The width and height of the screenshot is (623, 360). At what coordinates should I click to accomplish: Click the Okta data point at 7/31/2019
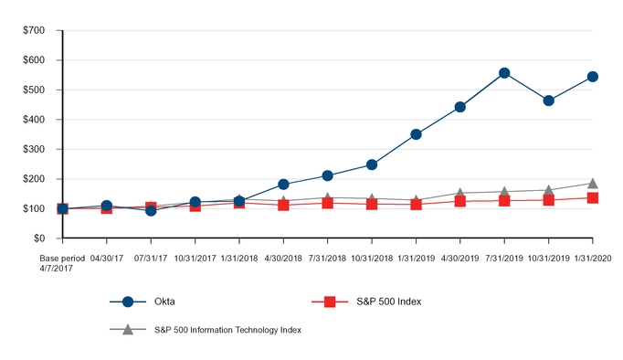(504, 73)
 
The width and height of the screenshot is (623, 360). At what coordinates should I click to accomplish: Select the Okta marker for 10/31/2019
(548, 101)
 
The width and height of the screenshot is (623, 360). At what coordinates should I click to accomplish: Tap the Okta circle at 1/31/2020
(593, 77)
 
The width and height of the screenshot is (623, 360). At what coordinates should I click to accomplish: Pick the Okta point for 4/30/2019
(460, 107)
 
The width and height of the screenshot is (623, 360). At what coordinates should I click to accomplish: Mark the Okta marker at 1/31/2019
(416, 134)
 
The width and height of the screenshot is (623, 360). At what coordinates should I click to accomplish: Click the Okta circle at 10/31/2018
(372, 164)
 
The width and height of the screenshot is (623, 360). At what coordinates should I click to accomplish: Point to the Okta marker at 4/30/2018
(283, 185)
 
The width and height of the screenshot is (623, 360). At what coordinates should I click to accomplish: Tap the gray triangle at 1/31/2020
(593, 184)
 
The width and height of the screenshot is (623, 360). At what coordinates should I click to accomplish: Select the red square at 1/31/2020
(593, 197)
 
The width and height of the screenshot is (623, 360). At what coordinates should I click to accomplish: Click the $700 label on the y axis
(33, 31)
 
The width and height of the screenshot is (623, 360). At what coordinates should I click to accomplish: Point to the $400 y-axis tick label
(33, 120)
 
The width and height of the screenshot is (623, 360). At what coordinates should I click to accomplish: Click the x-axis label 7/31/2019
(504, 259)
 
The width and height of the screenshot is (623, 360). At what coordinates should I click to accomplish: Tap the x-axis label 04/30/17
(107, 259)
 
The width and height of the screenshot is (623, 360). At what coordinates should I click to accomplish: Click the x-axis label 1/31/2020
(593, 259)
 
